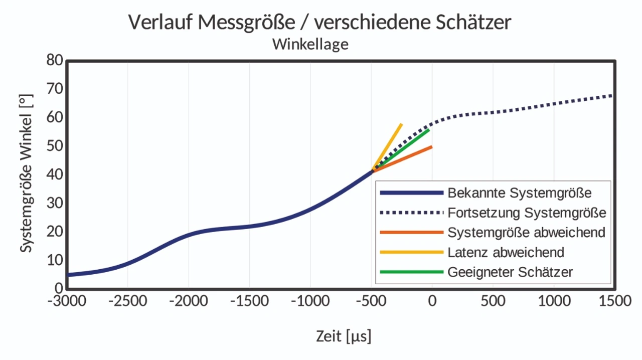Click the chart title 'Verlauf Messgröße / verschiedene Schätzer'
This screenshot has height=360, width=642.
[x=319, y=23]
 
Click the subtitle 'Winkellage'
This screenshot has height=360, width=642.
[x=310, y=44]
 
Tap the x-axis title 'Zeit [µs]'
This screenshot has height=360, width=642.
[x=344, y=335]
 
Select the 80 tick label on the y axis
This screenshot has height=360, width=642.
[x=55, y=61]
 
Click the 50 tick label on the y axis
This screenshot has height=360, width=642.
[x=55, y=146]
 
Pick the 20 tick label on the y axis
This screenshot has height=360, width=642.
[x=55, y=232]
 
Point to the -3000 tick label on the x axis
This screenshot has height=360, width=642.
[x=66, y=301]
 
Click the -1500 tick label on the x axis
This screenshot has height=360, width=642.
[x=249, y=301]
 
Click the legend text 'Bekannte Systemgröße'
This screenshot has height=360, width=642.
[x=520, y=193]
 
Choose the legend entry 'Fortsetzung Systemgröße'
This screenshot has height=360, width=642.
[x=527, y=213]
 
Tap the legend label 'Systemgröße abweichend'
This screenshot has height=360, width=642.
[x=526, y=232]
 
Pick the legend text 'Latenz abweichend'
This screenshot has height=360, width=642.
[x=506, y=252]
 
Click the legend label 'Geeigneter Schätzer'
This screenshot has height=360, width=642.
[x=510, y=272]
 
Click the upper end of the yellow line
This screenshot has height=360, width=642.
[x=401, y=124]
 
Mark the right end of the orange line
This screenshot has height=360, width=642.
[x=432, y=146]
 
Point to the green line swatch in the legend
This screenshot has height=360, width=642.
[x=412, y=272]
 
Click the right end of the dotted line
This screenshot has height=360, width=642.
[x=612, y=95]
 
